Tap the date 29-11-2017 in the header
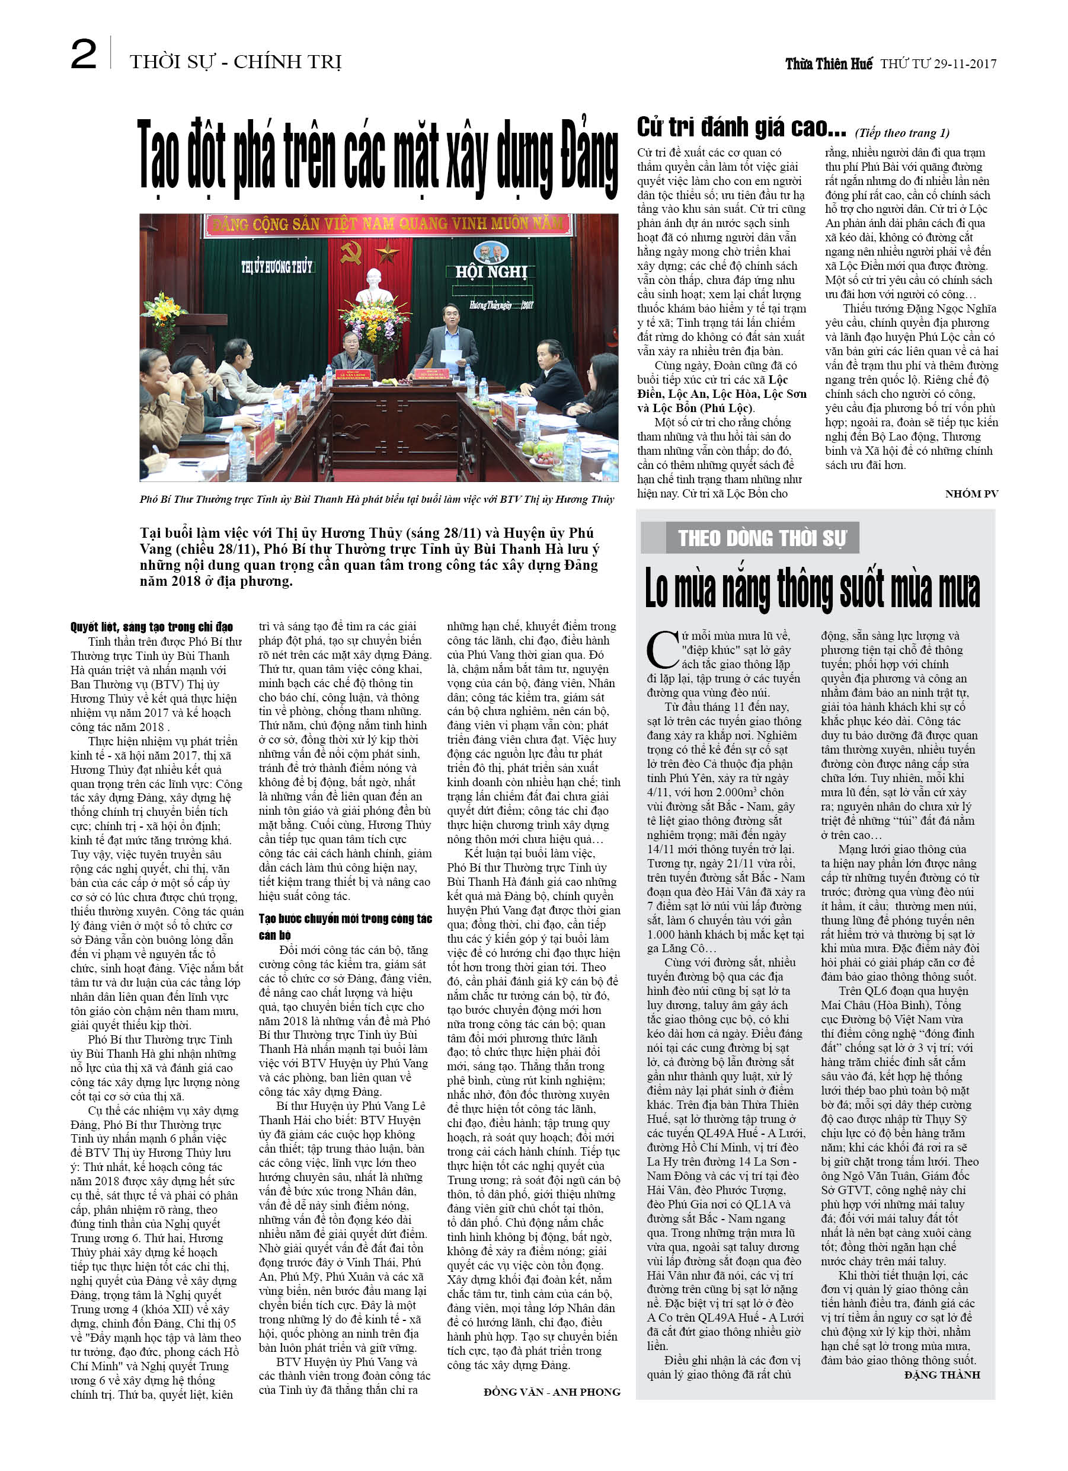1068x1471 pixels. (965, 63)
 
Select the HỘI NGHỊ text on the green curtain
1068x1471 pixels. (491, 272)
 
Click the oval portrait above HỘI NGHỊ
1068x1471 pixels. (491, 251)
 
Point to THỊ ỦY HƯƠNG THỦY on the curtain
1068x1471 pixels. (276, 267)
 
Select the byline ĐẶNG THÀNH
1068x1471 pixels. (942, 1374)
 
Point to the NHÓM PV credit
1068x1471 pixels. (971, 493)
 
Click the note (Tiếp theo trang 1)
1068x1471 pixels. (902, 133)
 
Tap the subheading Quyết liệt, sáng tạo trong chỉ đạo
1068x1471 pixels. (152, 627)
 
